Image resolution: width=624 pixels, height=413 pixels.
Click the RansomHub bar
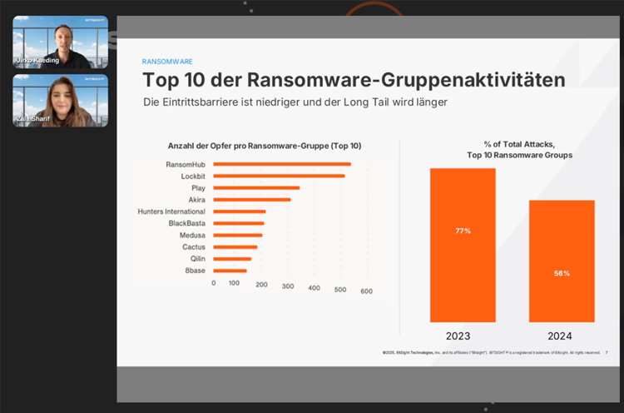tap(282, 164)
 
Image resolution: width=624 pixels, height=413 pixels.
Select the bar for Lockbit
tap(279, 176)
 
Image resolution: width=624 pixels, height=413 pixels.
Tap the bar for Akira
tap(252, 200)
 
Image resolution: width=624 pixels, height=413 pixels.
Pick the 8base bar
tap(230, 271)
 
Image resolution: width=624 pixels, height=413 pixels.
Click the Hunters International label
tap(171, 211)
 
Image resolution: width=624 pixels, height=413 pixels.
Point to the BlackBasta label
tap(187, 223)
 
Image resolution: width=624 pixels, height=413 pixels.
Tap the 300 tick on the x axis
tap(289, 289)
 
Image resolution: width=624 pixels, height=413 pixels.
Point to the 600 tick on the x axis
tap(366, 291)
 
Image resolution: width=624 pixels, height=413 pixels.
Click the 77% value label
tap(463, 231)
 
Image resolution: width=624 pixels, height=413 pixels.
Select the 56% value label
tap(562, 273)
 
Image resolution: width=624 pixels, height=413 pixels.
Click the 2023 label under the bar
tap(458, 336)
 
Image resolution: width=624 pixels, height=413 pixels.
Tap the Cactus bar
tap(235, 247)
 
